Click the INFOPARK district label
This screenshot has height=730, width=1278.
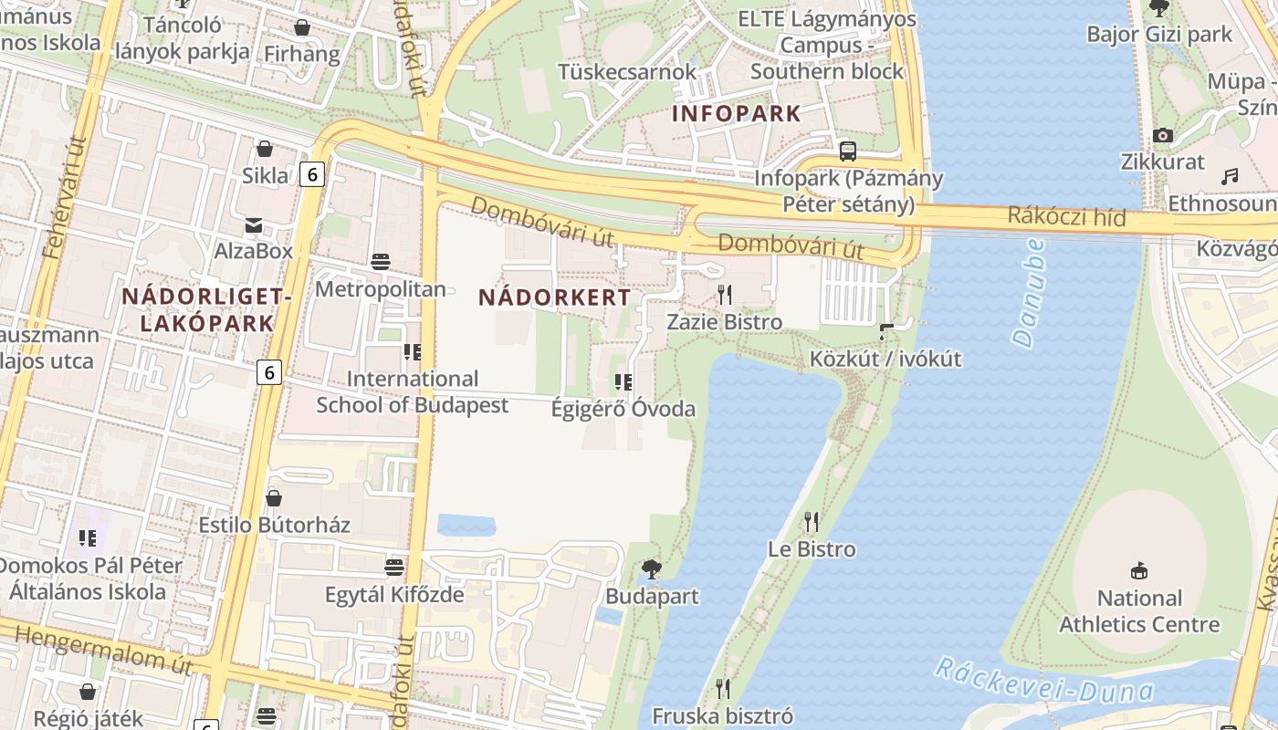point(736,114)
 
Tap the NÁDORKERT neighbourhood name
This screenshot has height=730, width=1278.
point(554,297)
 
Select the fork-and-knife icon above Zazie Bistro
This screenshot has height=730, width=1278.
point(725,294)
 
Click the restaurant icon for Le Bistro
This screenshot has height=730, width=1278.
point(811,522)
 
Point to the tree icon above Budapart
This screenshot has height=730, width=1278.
point(651,570)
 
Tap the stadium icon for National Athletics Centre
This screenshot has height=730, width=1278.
point(1138,571)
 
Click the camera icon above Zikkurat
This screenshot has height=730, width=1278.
point(1162,136)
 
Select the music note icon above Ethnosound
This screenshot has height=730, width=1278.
point(1230,176)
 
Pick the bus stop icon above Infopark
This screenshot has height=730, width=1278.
point(848,151)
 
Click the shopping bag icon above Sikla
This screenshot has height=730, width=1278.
point(265,148)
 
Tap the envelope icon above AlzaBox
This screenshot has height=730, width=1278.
point(253,224)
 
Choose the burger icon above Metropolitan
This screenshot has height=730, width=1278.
point(381,263)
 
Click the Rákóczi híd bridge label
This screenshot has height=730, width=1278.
point(1067,217)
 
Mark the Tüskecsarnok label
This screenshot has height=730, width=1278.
point(627,71)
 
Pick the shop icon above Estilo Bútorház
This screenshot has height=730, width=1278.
point(273,498)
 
